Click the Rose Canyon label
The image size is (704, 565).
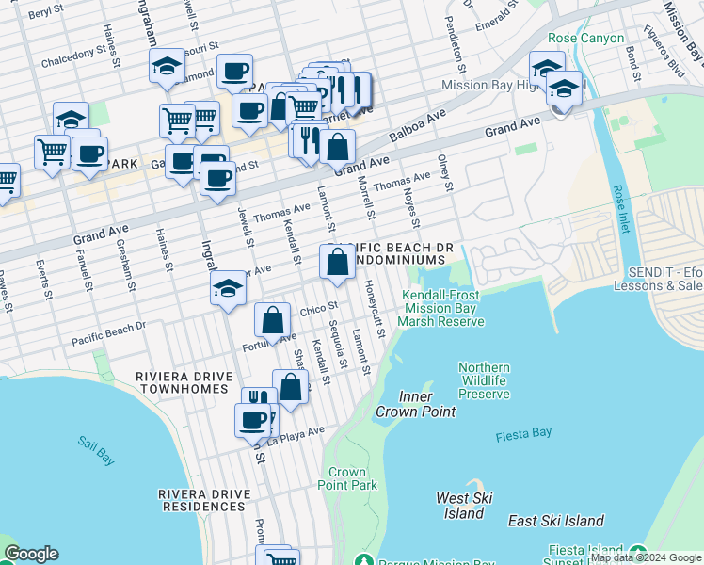585,39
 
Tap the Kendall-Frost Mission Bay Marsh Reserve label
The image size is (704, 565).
440,308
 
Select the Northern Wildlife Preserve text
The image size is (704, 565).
484,380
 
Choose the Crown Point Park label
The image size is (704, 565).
353,478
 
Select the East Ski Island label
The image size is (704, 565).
555,521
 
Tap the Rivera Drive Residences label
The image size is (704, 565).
203,500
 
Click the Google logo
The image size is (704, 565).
31,554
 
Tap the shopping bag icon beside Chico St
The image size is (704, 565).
272,320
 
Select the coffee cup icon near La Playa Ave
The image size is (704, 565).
252,420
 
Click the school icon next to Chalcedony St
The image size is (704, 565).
167,66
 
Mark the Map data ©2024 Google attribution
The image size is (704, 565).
646,557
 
